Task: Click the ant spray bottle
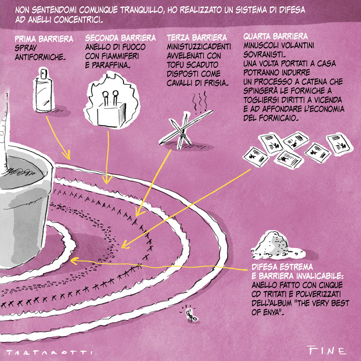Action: pos(43,91)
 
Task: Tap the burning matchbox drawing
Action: pos(112,101)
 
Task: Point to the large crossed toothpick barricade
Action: pos(185,129)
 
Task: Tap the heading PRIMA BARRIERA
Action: pos(44,39)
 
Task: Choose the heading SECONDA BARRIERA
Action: pos(120,38)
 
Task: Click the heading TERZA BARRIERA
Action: pos(197,37)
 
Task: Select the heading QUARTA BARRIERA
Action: pos(276,37)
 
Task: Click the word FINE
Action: pos(327,350)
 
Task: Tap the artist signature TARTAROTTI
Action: pos(50,352)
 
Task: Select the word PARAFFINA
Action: pos(111,65)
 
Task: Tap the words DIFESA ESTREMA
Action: pos(282,267)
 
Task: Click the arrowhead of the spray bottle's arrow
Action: pos(67,155)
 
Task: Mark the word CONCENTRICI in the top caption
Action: pos(78,20)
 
